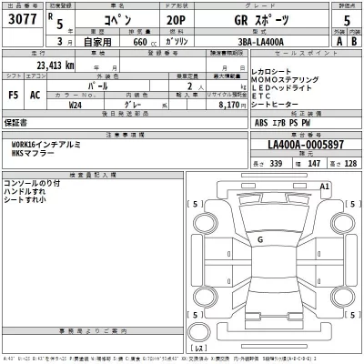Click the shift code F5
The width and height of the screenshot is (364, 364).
(x=14, y=94)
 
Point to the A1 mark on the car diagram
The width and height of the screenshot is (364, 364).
(x=325, y=186)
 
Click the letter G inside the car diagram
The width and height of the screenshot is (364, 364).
(x=261, y=239)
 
